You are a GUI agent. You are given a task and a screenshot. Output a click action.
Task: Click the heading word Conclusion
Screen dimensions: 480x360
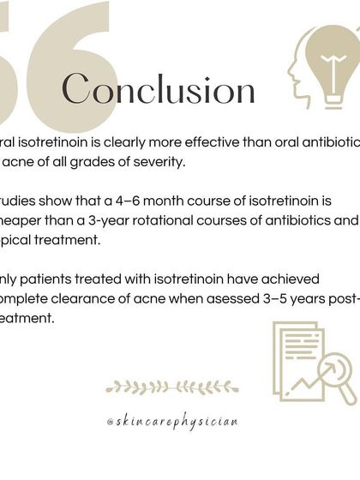[x=159, y=89]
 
